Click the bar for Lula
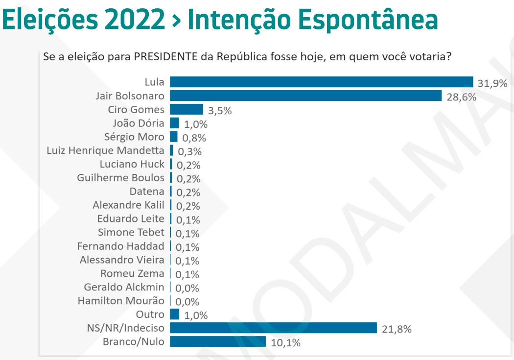[321, 82]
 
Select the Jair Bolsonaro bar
[305, 96]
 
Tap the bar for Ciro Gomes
[186, 109]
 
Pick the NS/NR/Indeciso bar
[273, 328]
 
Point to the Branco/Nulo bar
[217, 341]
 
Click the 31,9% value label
[492, 83]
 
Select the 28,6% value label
[461, 97]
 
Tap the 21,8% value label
[397, 329]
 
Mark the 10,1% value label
[285, 343]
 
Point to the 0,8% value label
[194, 138]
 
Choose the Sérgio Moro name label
[134, 137]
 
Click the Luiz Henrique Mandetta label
[105, 150]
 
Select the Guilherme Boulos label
[120, 178]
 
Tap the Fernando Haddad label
[120, 246]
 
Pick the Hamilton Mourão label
[121, 301]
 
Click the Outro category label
[150, 314]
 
